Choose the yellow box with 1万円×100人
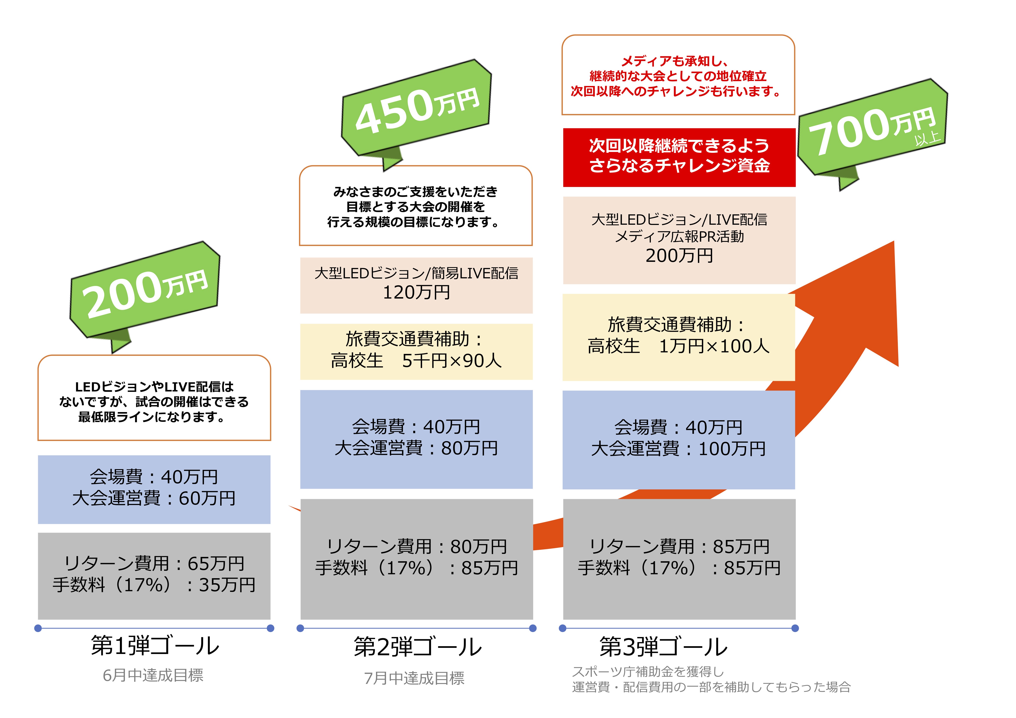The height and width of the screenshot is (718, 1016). click(679, 337)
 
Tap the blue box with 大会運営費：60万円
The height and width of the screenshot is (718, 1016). click(154, 489)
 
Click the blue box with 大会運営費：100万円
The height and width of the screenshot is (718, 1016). click(679, 440)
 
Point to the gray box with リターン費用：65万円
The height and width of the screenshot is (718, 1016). click(154, 576)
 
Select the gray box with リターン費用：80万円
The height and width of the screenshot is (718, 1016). click(416, 559)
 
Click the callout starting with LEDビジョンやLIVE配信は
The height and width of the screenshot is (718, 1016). click(154, 398)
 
